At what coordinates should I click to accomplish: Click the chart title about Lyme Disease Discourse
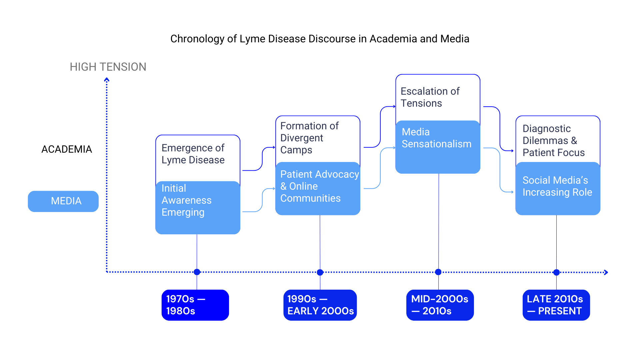coord(320,39)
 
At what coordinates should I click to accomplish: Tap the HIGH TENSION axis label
coord(108,67)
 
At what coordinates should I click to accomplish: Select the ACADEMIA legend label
coord(67,149)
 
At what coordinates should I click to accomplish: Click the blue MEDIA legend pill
coord(63,201)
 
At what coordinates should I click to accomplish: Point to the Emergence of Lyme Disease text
coord(193,154)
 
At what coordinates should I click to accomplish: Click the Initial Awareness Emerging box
coord(198,207)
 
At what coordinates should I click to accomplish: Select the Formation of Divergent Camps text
coord(309,138)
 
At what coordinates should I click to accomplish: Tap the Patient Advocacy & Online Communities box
coord(318,188)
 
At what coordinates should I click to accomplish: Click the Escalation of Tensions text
coord(430,97)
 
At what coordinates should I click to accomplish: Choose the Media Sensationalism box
coord(438,147)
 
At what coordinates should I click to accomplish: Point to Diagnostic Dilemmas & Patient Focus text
coord(554,140)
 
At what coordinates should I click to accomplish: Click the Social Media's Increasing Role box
coord(558,188)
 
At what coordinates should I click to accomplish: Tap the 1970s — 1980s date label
coord(195,305)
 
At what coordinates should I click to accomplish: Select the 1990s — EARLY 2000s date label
coord(320,305)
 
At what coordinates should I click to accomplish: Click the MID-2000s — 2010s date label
coord(440,305)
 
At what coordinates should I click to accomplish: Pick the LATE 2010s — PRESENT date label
coord(556,305)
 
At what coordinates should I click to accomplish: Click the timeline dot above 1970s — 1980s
coord(197,272)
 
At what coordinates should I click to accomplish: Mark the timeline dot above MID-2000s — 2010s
coord(438,272)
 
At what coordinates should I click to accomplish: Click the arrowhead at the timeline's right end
coord(606,272)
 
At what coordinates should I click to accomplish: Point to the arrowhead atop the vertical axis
coord(107,80)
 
